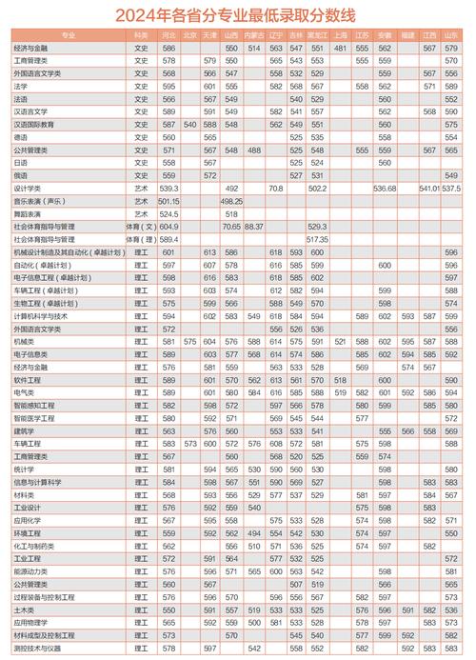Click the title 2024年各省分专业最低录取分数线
(x=238, y=14)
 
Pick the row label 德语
(x=20, y=136)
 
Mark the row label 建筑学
(x=24, y=430)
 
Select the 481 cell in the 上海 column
(x=340, y=47)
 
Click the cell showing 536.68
(x=385, y=189)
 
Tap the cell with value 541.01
(x=429, y=189)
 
